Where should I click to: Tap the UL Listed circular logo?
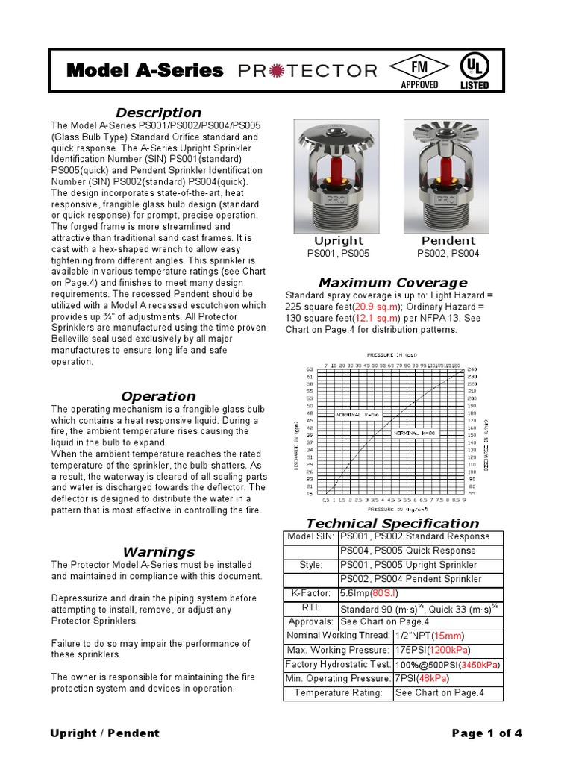tap(474, 70)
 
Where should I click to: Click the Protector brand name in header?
tap(307, 71)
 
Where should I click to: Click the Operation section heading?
tap(158, 396)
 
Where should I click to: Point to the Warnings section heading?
tap(158, 552)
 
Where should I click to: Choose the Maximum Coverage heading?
tap(392, 282)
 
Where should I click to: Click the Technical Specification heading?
tap(393, 523)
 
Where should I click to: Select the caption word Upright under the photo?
tap(339, 240)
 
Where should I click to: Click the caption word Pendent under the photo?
tap(448, 240)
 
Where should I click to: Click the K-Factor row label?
tap(310, 593)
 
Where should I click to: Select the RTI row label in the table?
tap(310, 608)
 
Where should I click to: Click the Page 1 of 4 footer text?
tap(486, 733)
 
